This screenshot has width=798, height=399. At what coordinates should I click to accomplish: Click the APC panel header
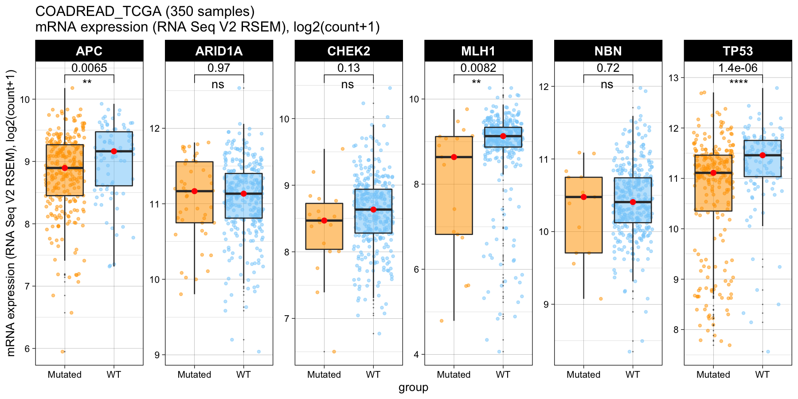point(89,51)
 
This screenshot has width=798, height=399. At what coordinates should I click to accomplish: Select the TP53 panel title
point(738,51)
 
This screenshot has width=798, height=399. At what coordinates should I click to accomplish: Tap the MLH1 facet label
point(478,51)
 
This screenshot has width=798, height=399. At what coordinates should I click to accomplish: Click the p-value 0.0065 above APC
point(89,68)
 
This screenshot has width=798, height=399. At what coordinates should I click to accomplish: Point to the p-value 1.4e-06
point(738,68)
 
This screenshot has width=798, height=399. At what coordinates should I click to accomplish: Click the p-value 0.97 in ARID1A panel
point(219,68)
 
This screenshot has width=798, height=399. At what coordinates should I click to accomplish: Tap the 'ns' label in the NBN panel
point(607,84)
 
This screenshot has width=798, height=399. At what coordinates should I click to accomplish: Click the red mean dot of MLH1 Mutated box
point(454,157)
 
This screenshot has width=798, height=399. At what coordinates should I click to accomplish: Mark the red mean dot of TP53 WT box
point(763,155)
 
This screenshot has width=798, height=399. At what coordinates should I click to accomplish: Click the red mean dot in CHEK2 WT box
point(373,209)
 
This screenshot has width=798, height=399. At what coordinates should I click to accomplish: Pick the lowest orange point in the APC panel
point(63,352)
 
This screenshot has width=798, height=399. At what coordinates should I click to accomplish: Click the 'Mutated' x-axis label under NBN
point(583,375)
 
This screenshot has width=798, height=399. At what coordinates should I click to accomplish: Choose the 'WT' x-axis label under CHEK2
point(373,375)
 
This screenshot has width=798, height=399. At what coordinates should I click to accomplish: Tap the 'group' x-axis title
point(413,387)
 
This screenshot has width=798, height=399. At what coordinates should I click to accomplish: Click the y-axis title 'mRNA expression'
point(11,213)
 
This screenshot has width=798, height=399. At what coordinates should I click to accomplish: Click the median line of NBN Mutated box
point(583,197)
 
